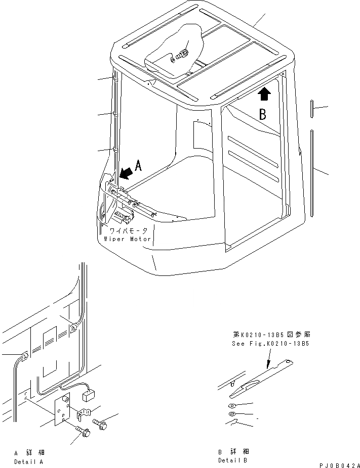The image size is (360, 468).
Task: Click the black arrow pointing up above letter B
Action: (x=264, y=93)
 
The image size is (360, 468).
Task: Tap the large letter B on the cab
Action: (x=263, y=114)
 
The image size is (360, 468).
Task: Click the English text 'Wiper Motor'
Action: (x=128, y=239)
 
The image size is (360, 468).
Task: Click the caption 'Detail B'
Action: (x=233, y=460)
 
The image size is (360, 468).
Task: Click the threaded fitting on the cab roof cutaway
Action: (x=182, y=54)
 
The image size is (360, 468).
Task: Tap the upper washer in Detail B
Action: (x=231, y=405)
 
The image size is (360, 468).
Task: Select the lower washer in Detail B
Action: (x=231, y=415)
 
